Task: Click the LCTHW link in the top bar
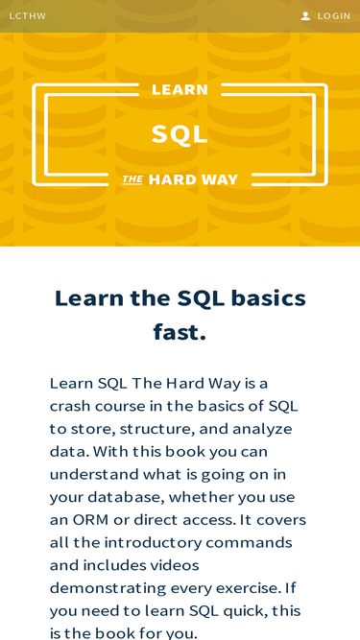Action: (28, 16)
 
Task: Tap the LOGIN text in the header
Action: (334, 16)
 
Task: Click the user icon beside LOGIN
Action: (305, 16)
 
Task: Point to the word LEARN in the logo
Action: (180, 90)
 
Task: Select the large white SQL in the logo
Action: (180, 134)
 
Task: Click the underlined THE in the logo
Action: (132, 179)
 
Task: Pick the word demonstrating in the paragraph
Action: (108, 588)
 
